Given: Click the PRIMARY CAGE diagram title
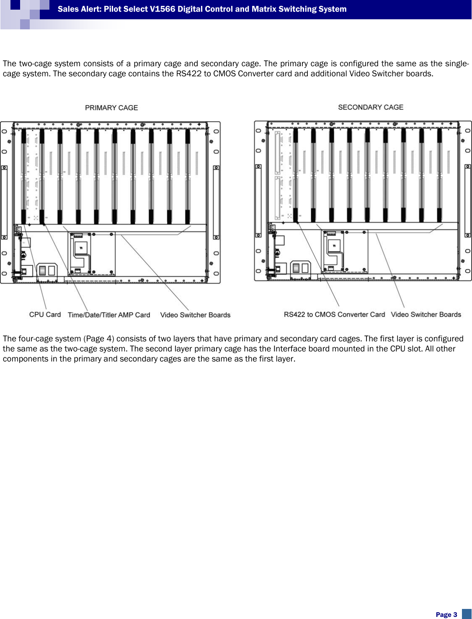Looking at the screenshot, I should coord(111,108).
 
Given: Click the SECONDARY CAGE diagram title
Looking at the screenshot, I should coord(371,107).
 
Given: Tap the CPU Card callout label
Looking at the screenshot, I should coord(45,315).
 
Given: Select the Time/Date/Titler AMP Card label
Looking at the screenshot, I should coord(109,315).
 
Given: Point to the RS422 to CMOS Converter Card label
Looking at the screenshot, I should coord(334,315).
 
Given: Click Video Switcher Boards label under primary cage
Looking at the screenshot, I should coord(195,315).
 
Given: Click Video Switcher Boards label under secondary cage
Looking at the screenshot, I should coord(426,315).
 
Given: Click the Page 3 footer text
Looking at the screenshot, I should coord(446,614).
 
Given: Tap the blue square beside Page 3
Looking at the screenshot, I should coord(467,614).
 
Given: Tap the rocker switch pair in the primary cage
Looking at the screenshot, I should coord(47,270).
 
